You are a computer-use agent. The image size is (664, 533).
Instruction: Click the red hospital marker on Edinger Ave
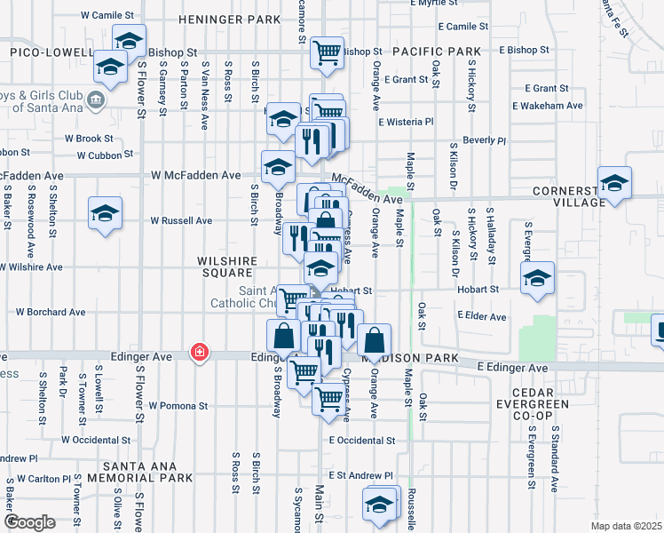tap(200, 353)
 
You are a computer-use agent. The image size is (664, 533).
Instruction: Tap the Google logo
tap(29, 522)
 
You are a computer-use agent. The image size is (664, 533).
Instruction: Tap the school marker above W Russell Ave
tap(105, 214)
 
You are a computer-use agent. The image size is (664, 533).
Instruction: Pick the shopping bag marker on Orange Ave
tap(375, 339)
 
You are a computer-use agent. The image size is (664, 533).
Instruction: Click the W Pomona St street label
tap(178, 405)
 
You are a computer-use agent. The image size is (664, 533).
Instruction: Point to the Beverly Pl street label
tap(484, 140)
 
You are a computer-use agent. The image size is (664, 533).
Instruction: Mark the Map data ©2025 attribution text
tap(625, 526)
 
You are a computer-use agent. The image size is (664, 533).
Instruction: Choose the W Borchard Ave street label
tap(51, 313)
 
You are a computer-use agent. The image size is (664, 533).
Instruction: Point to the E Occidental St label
tap(361, 440)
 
